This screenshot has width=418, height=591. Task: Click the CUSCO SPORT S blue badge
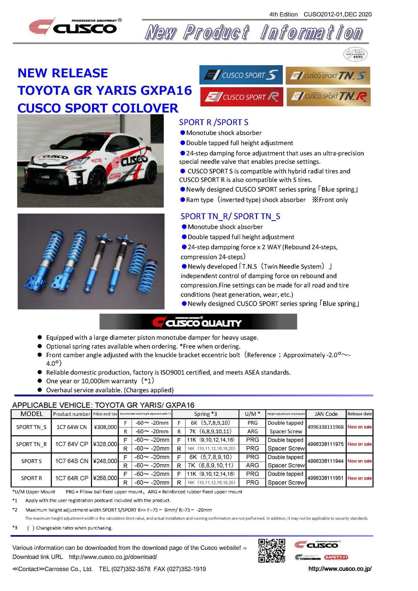coord(241,75)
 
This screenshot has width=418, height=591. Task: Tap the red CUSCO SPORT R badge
coord(241,97)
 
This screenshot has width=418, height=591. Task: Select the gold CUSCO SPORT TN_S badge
coord(327,75)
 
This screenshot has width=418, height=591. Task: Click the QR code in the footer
coord(272,551)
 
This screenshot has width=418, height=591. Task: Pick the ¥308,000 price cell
coord(105,427)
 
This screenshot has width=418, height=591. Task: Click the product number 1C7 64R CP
coord(72,478)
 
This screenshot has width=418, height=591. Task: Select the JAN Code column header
coord(326,414)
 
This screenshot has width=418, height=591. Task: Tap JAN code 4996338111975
coord(326,444)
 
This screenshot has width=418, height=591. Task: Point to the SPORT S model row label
coord(31,461)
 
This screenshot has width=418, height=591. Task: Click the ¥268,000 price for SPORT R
coord(105,478)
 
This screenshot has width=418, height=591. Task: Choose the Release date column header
coord(359,414)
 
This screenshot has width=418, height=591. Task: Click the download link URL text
coord(113,557)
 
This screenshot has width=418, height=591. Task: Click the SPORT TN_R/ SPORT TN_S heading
coord(230,216)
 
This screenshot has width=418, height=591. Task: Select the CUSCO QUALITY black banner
coord(198,322)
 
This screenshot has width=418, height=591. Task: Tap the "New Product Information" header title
coord(254,32)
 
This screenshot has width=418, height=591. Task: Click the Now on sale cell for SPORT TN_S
coord(359,427)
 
